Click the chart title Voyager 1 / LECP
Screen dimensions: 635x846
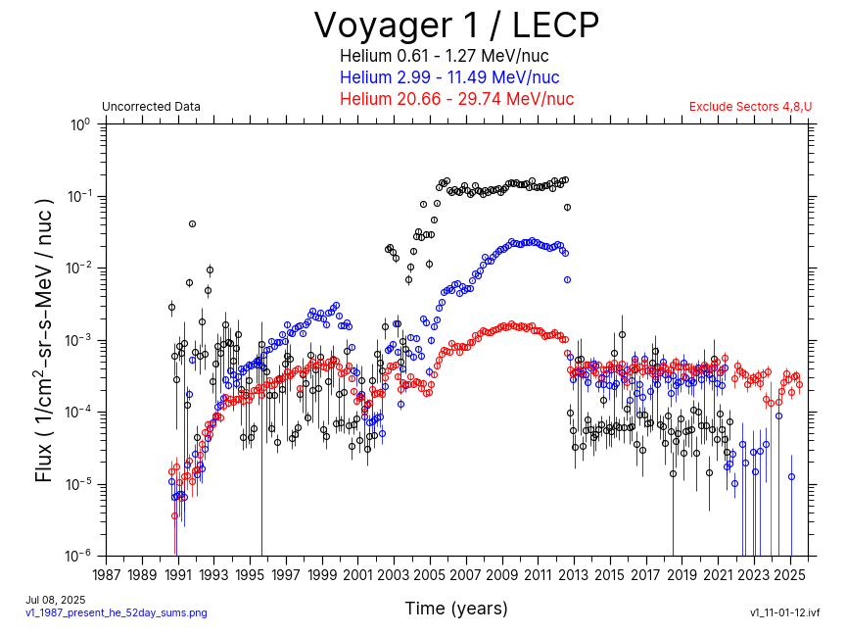tap(456, 24)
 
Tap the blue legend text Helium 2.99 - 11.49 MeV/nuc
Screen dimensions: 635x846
tap(449, 77)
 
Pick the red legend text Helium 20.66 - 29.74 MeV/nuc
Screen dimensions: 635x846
tap(456, 99)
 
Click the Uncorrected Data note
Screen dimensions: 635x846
tap(151, 107)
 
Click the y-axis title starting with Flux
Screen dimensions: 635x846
tap(44, 340)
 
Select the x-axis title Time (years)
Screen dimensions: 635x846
tap(456, 609)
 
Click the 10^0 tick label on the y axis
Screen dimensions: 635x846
tap(80, 124)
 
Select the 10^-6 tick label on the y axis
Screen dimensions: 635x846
tap(78, 556)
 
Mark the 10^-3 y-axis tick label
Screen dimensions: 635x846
tap(78, 340)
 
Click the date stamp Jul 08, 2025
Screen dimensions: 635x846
tap(55, 600)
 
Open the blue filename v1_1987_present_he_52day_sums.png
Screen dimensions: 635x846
tap(116, 612)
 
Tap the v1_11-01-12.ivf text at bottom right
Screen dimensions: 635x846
tap(784, 612)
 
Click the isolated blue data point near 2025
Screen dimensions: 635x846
tap(791, 476)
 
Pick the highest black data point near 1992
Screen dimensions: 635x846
tap(192, 223)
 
